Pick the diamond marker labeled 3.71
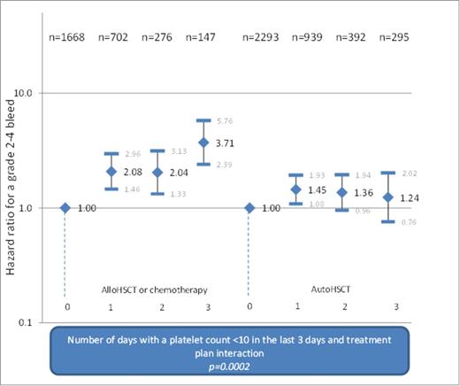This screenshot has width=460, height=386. [x=203, y=143]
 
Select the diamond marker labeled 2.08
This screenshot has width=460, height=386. [x=111, y=172]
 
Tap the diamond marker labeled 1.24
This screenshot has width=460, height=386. [x=388, y=197]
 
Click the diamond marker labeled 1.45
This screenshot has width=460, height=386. [x=297, y=189]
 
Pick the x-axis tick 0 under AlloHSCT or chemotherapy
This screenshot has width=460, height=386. [x=65, y=305]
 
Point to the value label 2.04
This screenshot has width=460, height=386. [x=181, y=173]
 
